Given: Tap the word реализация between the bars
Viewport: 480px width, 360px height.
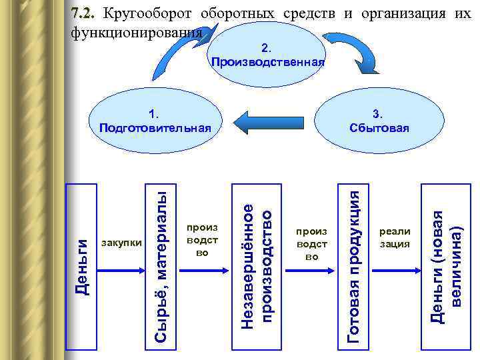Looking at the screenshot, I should (395, 237).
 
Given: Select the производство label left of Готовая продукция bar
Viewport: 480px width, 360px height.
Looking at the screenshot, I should (311, 243).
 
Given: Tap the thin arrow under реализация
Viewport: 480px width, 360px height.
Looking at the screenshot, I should (395, 270).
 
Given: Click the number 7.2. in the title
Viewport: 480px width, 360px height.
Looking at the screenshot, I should (85, 14).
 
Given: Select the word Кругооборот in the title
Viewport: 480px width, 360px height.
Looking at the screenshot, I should (147, 14).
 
